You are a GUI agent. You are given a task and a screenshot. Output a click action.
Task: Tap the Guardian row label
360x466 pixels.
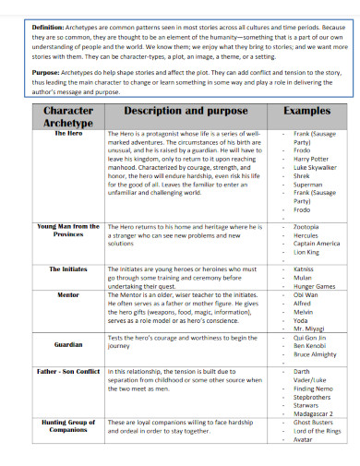point(68,344)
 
